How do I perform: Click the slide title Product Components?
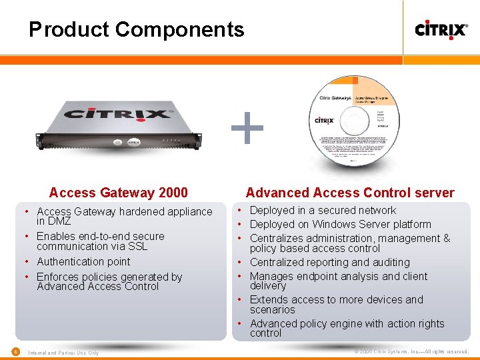[x=136, y=29]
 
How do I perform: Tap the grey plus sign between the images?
[x=247, y=128]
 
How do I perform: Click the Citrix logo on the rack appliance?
[x=118, y=113]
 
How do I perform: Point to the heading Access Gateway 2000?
[x=119, y=193]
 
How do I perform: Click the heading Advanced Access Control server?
[x=350, y=193]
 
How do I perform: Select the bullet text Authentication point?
[x=83, y=261]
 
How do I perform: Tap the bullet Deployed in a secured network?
[x=323, y=210]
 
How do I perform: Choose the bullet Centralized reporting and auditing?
[x=329, y=262]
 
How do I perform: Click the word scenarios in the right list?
[x=272, y=309]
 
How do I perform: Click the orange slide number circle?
[x=15, y=351]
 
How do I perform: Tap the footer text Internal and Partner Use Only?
[x=63, y=353]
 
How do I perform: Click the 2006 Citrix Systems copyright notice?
[x=411, y=351]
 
